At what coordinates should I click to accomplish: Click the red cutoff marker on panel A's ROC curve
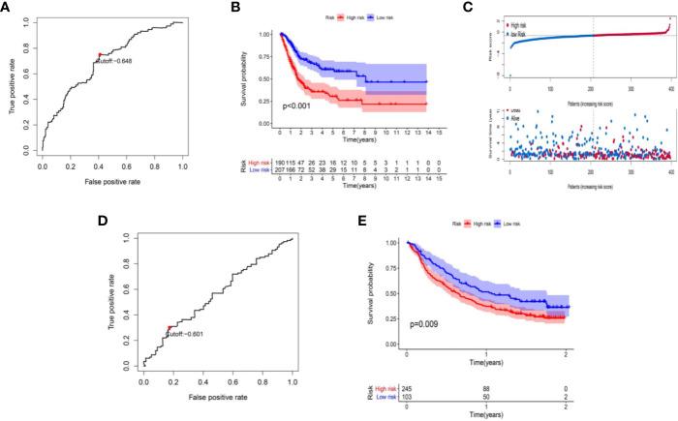(x=98, y=55)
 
